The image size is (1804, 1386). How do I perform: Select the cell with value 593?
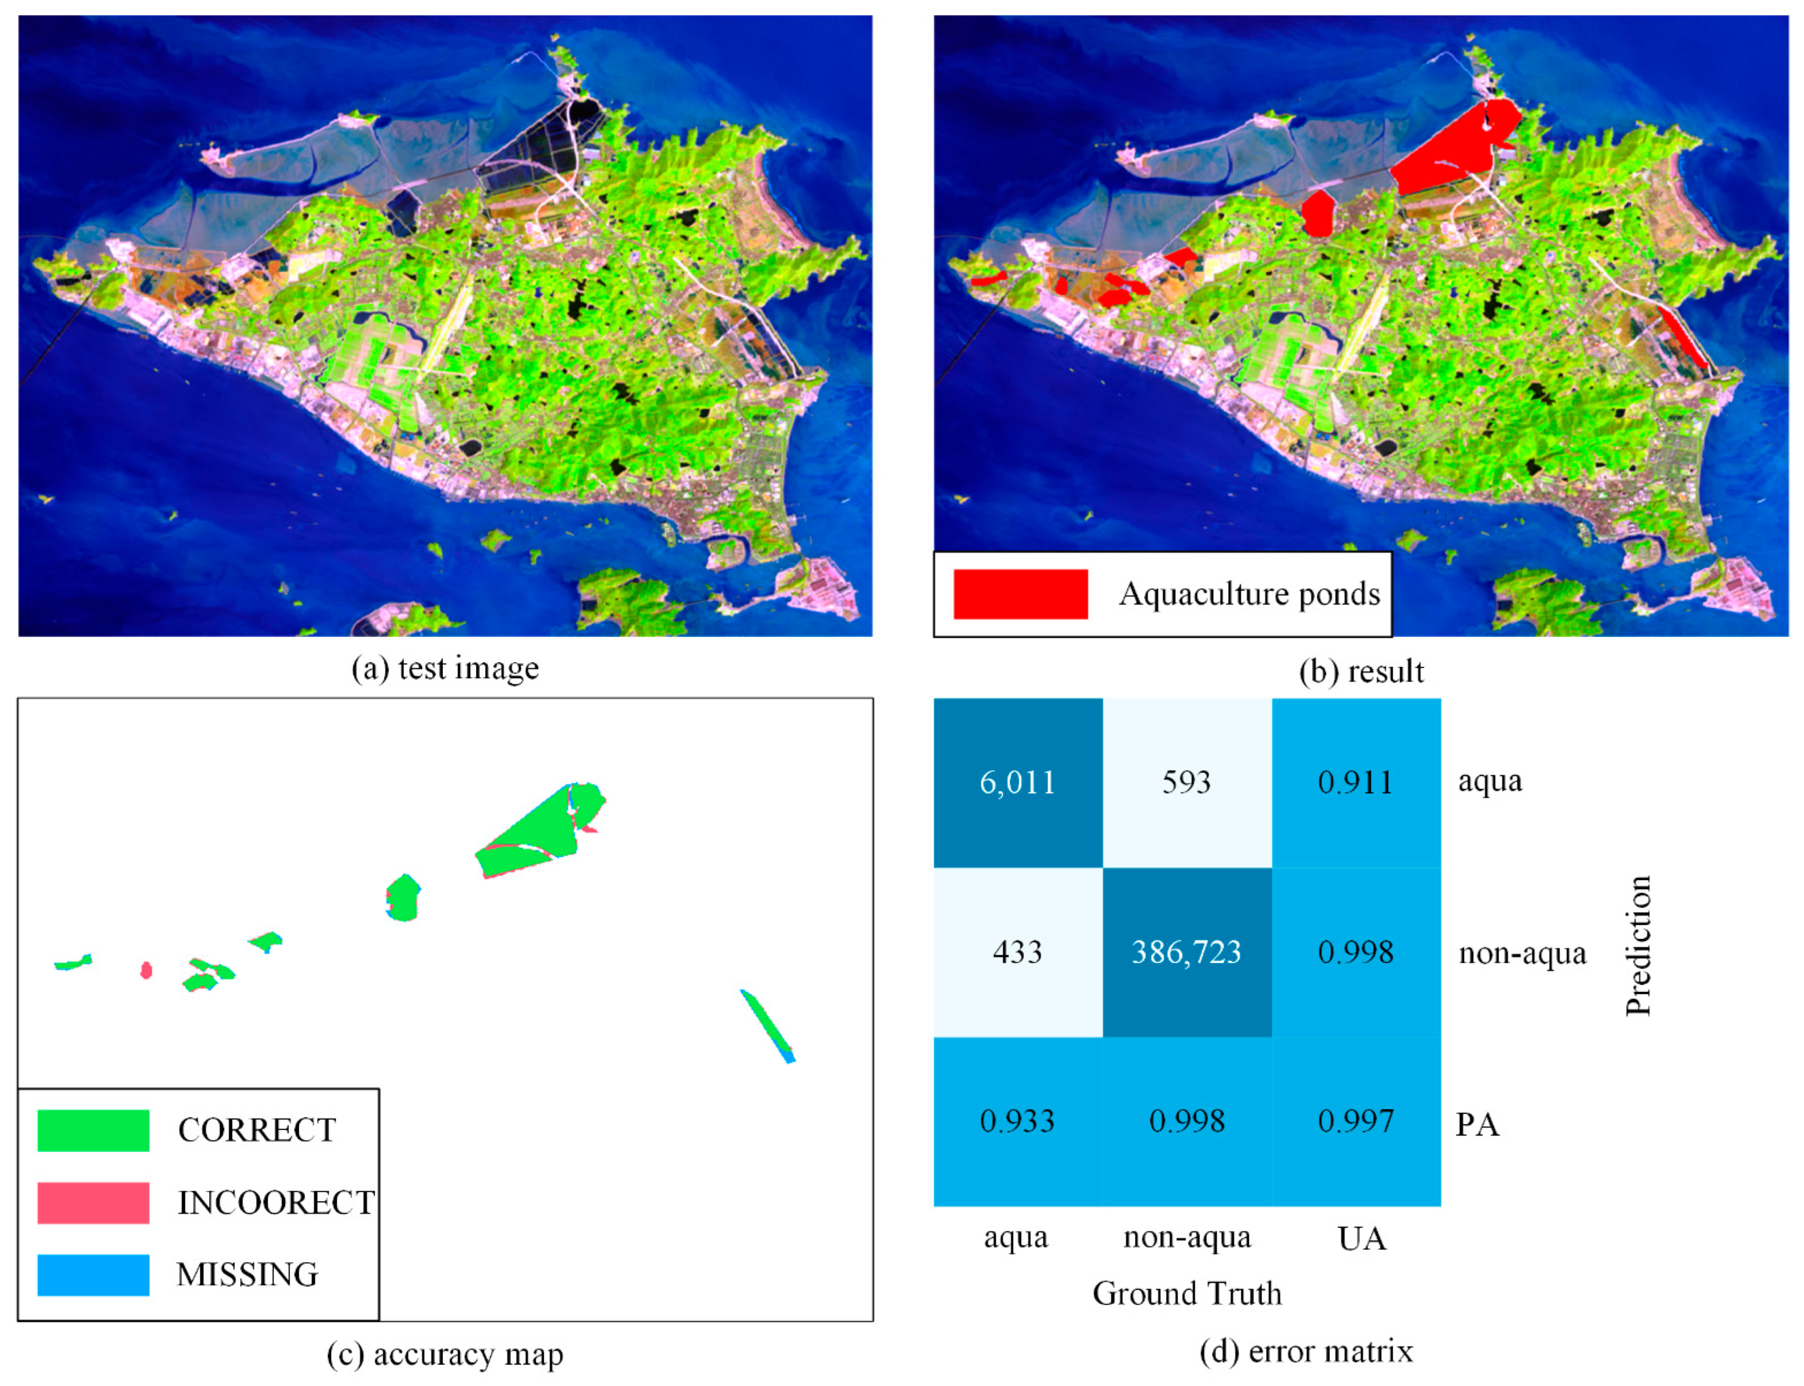(1186, 782)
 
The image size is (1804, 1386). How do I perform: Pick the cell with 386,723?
(1186, 952)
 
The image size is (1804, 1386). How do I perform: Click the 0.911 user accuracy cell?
(1355, 782)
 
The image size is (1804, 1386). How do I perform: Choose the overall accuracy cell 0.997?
(1355, 1121)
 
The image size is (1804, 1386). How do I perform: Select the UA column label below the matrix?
(1361, 1238)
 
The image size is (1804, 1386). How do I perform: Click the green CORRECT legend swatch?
(93, 1130)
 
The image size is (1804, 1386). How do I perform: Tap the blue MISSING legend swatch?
(93, 1275)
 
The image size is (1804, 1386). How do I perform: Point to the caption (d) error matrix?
(1306, 1351)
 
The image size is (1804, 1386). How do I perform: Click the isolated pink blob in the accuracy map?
(146, 970)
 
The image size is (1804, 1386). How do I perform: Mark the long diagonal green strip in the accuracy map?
(767, 1025)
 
